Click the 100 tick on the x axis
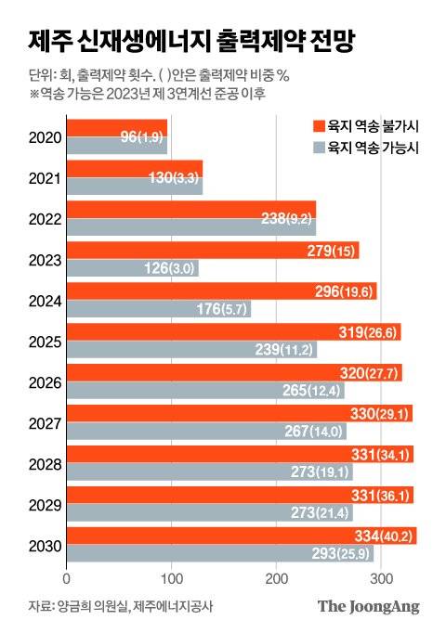[171, 580]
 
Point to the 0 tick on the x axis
[66, 580]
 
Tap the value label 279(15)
[328, 251]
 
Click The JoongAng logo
[369, 606]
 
